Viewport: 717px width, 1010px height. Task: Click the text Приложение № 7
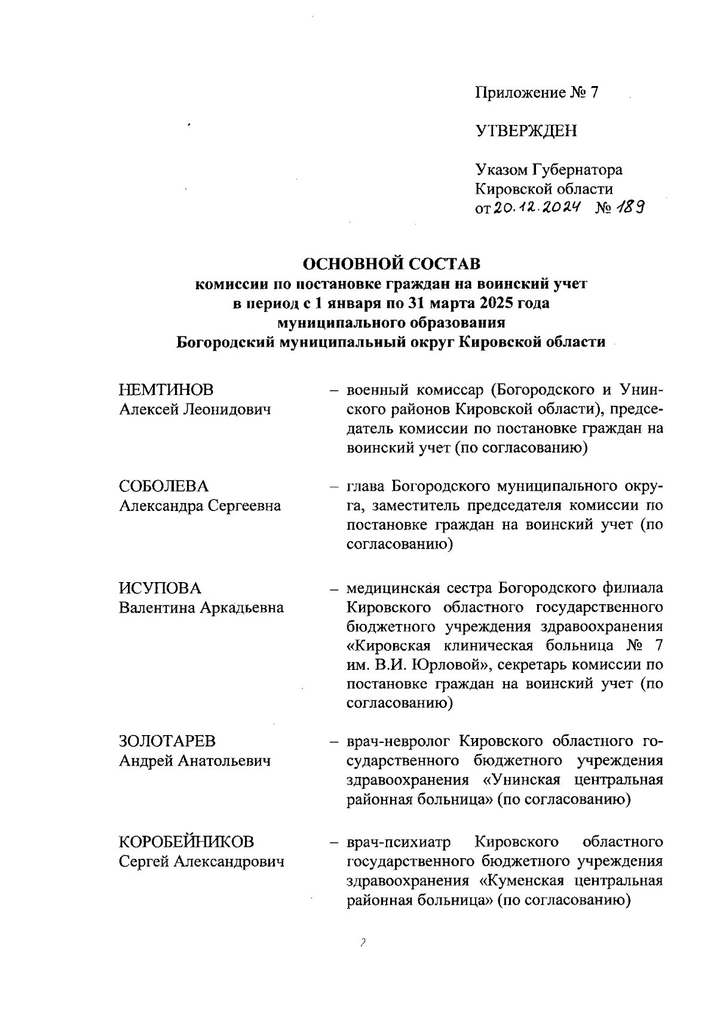pos(536,93)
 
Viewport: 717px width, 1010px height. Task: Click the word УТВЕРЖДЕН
pos(526,131)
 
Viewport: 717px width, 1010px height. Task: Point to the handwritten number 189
pos(633,207)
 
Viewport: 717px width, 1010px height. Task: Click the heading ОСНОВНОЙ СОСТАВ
pos(391,263)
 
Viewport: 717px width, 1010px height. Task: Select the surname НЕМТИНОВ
pos(166,390)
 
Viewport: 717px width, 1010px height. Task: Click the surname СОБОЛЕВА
pos(164,486)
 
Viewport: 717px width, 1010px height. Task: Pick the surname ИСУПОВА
pos(160,588)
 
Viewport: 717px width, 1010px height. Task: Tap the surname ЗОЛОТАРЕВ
pos(167,741)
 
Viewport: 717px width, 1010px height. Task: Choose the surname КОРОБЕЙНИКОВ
pos(186,842)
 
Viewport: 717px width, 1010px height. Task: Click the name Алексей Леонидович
pos(195,410)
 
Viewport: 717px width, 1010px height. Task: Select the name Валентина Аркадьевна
pos(201,608)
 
